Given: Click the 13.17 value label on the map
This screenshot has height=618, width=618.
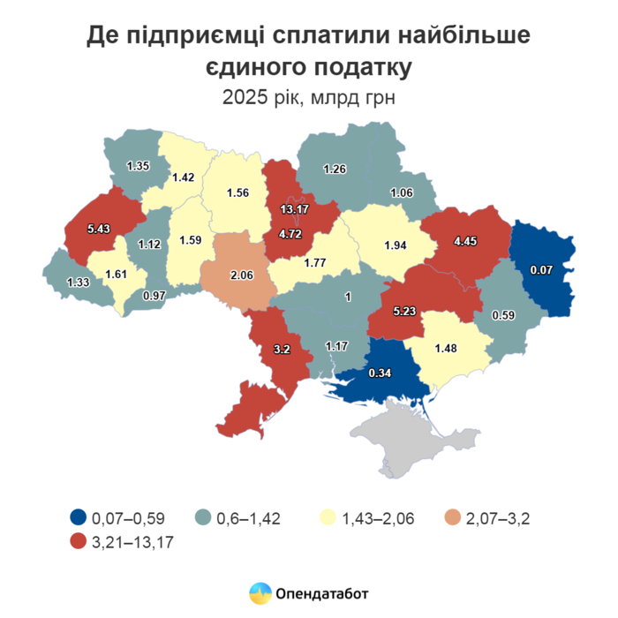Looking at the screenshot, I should [x=295, y=209].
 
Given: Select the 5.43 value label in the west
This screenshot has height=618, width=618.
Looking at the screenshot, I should [x=100, y=228].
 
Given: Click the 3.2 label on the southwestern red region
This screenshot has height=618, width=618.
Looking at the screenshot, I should [x=282, y=349].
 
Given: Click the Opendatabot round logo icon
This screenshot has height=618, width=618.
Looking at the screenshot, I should [x=260, y=593].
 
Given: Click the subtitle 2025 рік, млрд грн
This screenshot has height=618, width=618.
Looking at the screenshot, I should [x=308, y=97].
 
